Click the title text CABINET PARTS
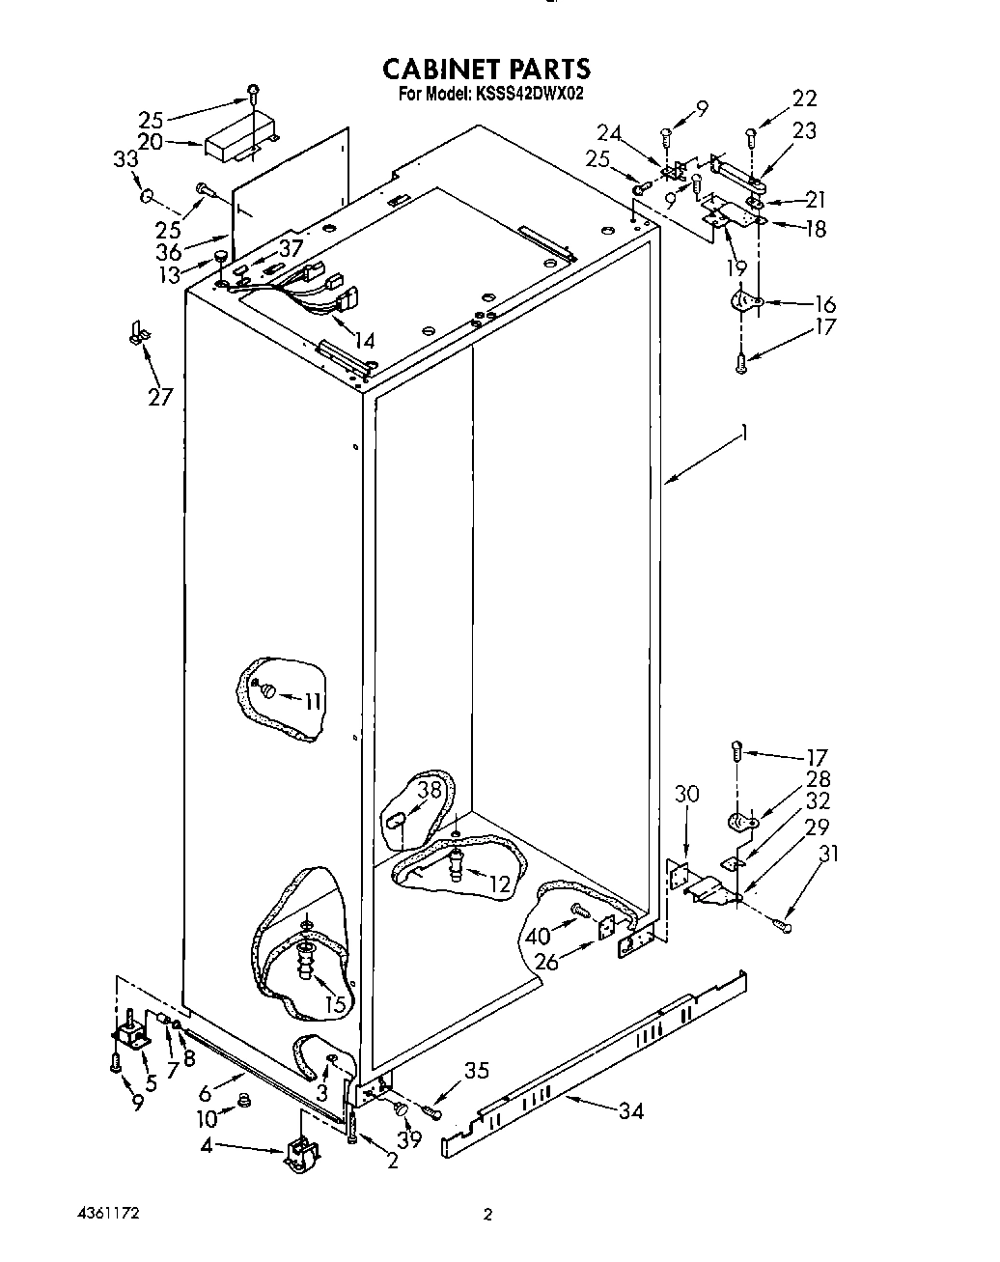tap(486, 70)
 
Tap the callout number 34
tap(630, 1111)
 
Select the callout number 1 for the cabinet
tap(744, 435)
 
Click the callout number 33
tap(126, 160)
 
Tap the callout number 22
tap(804, 98)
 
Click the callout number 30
tap(686, 794)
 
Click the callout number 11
tap(313, 702)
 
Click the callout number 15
tap(335, 1004)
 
